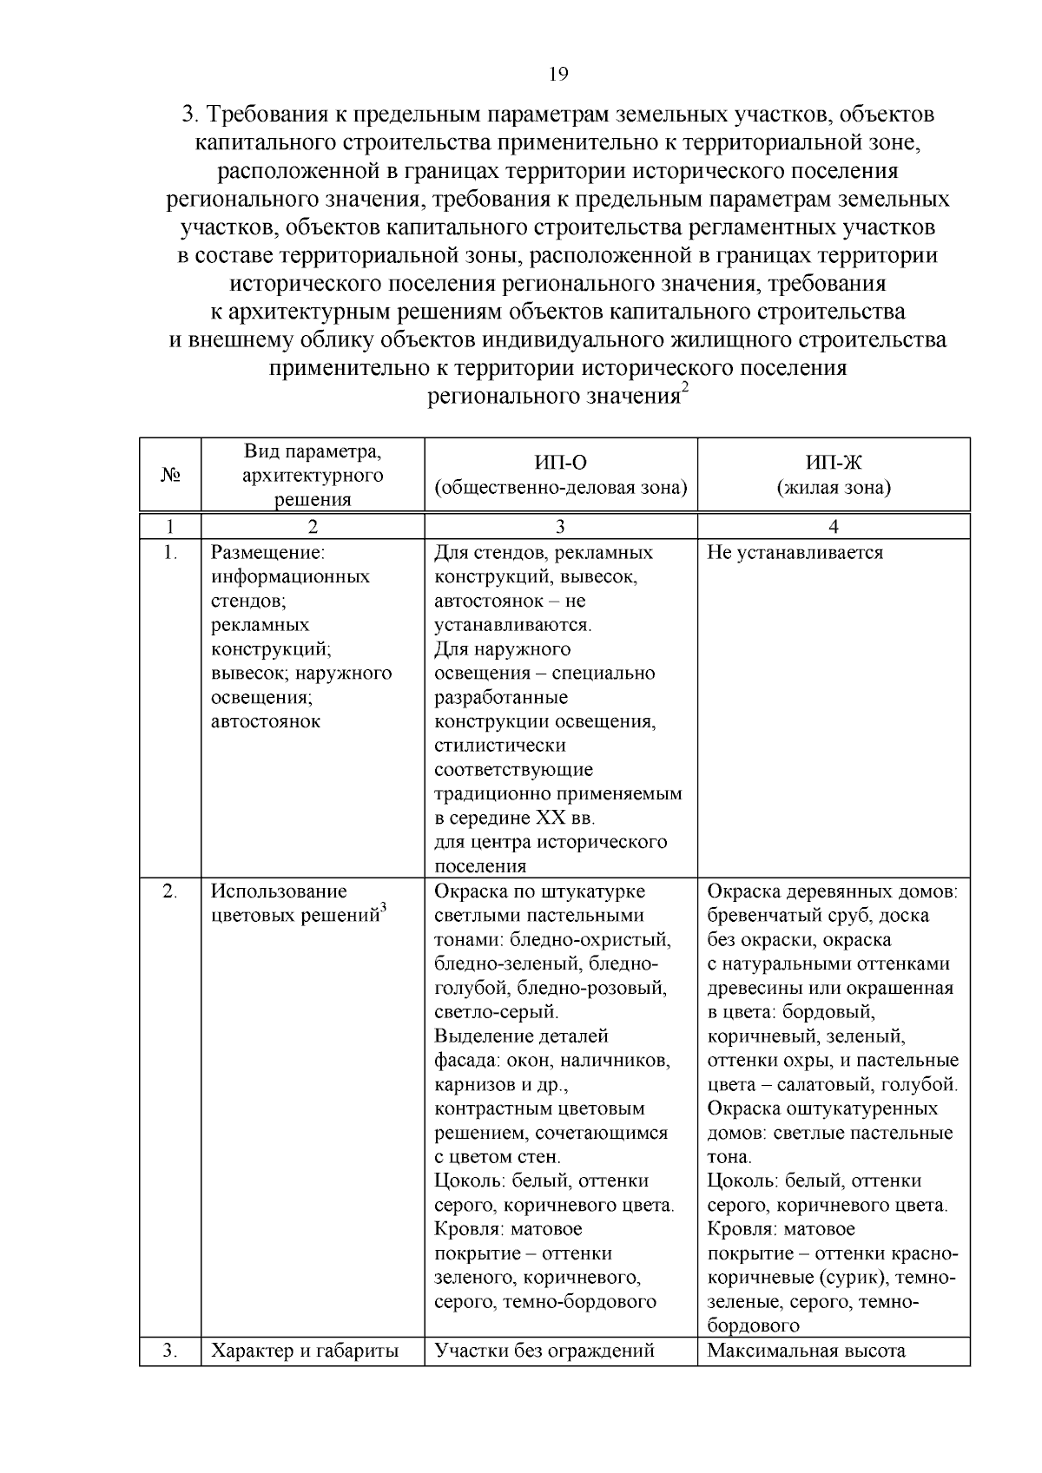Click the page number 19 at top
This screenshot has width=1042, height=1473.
tap(557, 75)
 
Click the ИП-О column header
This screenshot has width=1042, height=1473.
tap(560, 463)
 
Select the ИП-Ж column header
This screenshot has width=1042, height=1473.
tap(834, 463)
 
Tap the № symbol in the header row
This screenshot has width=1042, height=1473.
tap(170, 475)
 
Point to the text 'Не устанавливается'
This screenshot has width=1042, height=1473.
tap(795, 553)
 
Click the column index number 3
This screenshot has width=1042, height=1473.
tap(560, 526)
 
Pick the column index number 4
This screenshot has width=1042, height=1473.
tap(834, 526)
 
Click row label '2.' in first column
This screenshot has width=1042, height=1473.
tap(170, 891)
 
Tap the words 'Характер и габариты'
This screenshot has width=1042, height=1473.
tap(305, 1351)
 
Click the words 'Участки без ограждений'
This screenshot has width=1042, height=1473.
tap(544, 1351)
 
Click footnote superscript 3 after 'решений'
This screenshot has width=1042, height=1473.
tap(384, 908)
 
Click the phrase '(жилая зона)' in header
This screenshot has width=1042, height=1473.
tap(834, 488)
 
